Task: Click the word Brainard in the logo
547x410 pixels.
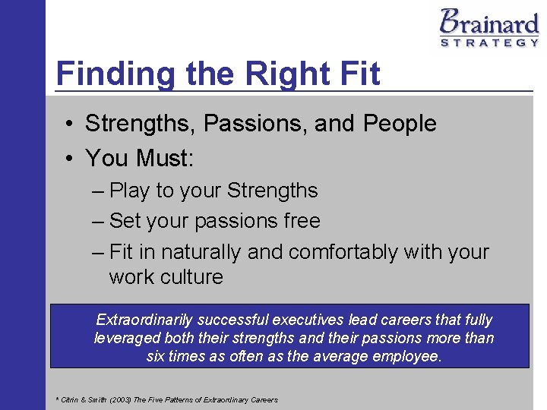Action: pos(489,22)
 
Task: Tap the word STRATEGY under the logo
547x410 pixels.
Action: pos(489,43)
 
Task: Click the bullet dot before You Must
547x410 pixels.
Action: pos(69,159)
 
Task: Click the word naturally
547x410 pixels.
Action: pos(199,251)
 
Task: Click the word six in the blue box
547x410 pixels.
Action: pos(157,356)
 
